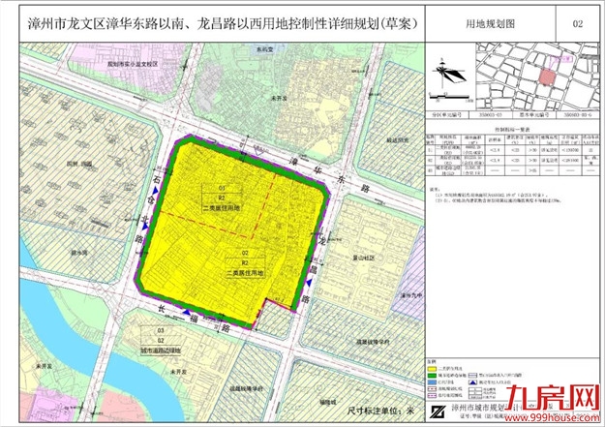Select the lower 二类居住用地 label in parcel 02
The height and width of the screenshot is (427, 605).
[x=246, y=273]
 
